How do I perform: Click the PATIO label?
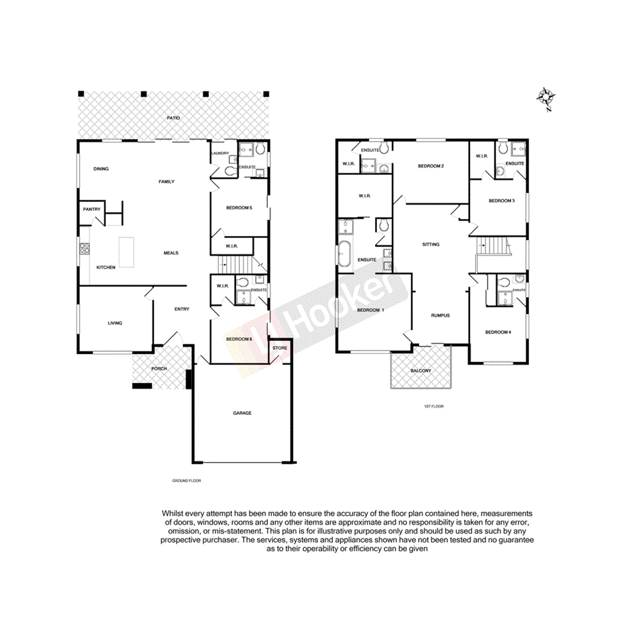174,119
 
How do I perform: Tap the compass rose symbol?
545,99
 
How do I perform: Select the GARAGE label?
242,412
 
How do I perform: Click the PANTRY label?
92,210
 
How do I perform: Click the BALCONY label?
420,370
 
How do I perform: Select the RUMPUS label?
440,315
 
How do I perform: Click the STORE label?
280,348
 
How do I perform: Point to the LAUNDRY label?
220,153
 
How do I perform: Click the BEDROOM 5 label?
239,208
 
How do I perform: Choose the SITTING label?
431,244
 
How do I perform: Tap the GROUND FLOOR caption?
186,480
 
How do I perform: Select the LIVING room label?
115,323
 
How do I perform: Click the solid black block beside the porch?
142,386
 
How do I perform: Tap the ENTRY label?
182,309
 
